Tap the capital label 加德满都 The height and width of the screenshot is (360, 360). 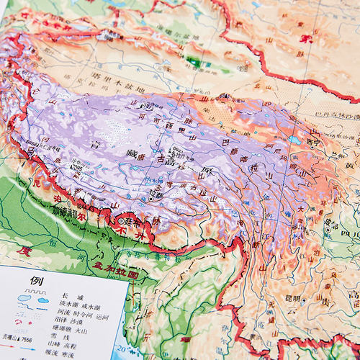pos(66,212)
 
